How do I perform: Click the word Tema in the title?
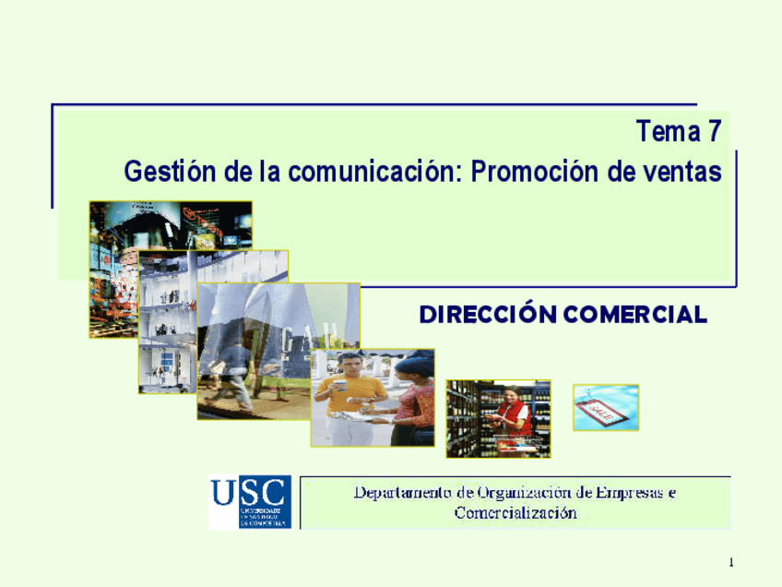668,133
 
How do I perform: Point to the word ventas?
686,172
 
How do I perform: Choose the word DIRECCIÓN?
488,315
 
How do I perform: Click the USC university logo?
250,502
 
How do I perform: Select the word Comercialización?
515,513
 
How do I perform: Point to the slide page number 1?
730,562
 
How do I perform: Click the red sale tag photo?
606,407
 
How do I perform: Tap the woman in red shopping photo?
498,418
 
